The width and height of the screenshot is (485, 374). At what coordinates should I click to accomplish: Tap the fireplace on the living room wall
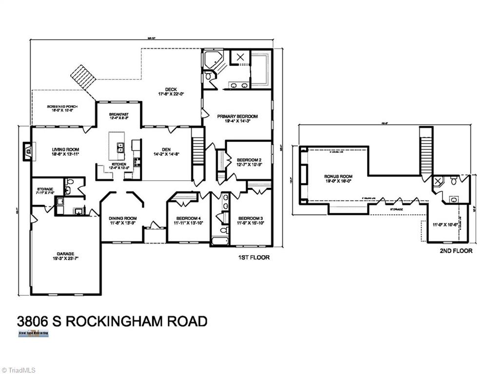click(28, 151)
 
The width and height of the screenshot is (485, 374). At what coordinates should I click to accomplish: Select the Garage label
click(65, 254)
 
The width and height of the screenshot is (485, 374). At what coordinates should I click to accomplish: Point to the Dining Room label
click(122, 218)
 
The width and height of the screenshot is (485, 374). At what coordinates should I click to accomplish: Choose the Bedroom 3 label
click(250, 218)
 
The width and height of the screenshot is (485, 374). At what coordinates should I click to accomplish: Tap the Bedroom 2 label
click(249, 160)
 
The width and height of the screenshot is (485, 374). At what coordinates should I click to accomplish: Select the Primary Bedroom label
click(237, 116)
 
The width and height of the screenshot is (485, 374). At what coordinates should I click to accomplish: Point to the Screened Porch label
click(62, 107)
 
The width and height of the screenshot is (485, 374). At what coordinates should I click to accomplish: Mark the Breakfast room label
click(118, 114)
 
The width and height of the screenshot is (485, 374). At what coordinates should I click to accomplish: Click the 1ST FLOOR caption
click(253, 257)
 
